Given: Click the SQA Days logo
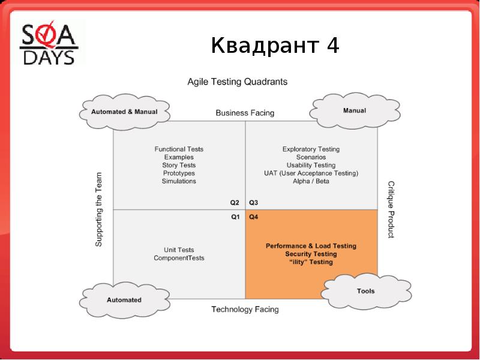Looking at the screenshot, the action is point(50,43).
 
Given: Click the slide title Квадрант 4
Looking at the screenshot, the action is point(275,45).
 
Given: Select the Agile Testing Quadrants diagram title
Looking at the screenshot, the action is point(238,81).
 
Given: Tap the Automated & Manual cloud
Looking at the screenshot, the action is point(124,112).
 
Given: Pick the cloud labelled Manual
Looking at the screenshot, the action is point(354,111).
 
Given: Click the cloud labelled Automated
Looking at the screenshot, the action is point(124,299).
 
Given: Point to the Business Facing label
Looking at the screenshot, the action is point(245,113).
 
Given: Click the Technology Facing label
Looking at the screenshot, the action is point(245,310).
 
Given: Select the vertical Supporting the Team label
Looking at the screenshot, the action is point(99,209).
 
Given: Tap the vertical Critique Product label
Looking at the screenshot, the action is point(391,209).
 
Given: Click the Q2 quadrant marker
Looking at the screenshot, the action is point(235,202).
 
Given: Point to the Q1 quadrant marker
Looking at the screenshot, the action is point(235,217).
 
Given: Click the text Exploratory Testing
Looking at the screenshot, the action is point(311,149).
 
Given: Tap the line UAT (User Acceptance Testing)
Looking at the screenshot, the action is point(311,173).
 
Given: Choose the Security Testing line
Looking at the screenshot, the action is point(311,254).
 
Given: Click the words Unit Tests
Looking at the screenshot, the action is point(179,250).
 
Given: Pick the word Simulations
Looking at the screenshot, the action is point(179,181).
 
